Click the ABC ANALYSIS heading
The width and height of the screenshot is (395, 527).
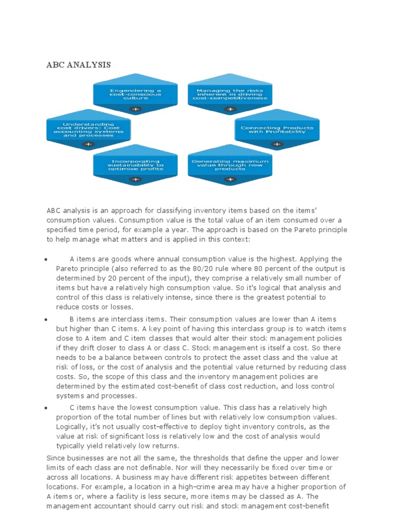79,65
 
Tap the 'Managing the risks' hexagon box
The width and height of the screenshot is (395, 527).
230,95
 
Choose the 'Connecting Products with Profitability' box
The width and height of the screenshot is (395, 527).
277,130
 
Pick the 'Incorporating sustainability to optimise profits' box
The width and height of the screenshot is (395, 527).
135,165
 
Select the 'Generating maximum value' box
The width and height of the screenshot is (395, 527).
230,165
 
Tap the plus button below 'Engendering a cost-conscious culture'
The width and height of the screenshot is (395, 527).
135,109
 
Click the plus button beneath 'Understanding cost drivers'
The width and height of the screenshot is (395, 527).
88,145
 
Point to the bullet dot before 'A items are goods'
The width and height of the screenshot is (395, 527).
47,259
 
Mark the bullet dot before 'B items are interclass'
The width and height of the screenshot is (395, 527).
47,320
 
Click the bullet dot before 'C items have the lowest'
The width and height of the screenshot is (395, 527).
47,408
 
